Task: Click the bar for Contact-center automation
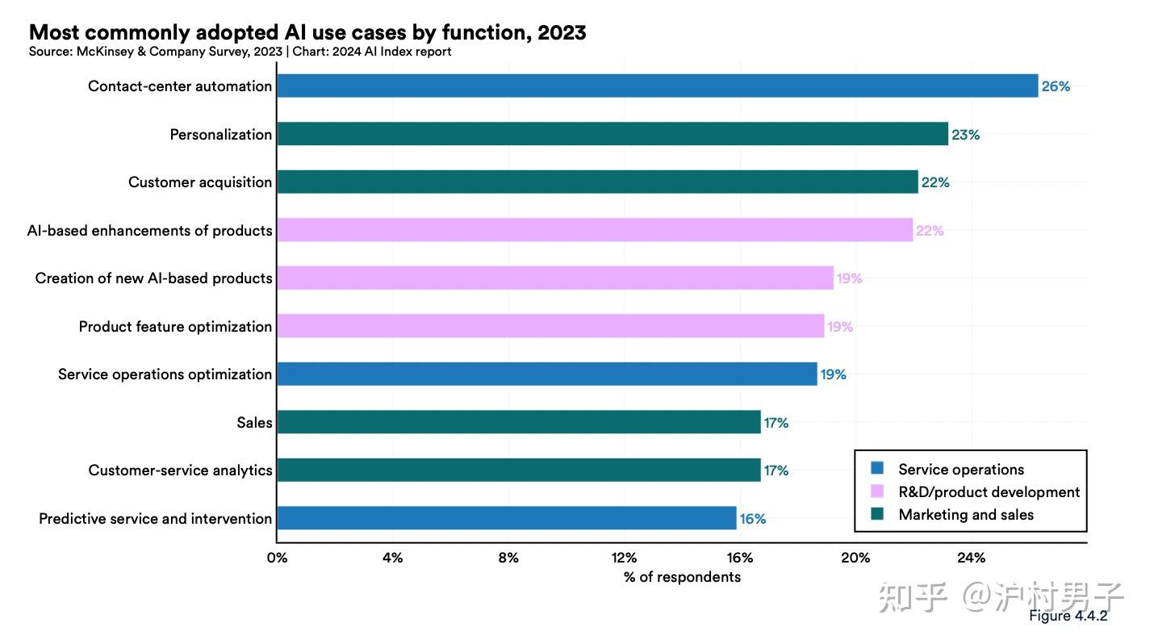[x=657, y=86]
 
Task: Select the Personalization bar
[x=612, y=134]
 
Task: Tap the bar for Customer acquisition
[x=597, y=182]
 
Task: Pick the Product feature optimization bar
[x=550, y=326]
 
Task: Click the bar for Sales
[x=518, y=422]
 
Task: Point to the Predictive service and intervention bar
[x=506, y=518]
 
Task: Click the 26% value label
[x=1056, y=86]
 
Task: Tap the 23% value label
[x=965, y=135]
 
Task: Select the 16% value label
[x=753, y=519]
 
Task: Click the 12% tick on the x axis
[x=624, y=558]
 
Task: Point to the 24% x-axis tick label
[x=971, y=558]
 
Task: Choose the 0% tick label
[x=277, y=558]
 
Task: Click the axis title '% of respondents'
[x=682, y=577]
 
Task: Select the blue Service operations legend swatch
[x=878, y=468]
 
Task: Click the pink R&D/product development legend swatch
[x=878, y=491]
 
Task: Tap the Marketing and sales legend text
[x=966, y=515]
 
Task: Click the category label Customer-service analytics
[x=180, y=470]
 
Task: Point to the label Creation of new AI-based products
[x=153, y=278]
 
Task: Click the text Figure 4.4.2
[x=1068, y=616]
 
